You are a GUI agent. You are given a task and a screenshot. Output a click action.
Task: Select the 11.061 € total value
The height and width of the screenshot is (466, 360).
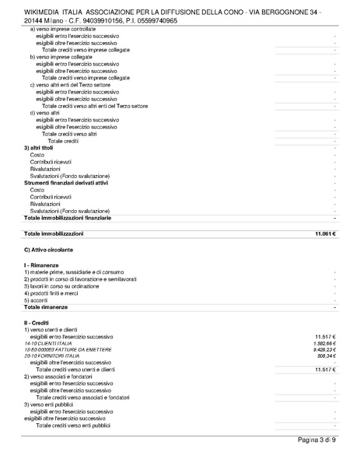[x=324, y=234]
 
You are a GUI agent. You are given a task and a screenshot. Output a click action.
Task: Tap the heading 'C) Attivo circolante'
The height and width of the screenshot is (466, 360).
[x=48, y=250]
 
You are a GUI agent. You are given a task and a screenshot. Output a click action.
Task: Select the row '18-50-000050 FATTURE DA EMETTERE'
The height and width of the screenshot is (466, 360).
[x=68, y=350]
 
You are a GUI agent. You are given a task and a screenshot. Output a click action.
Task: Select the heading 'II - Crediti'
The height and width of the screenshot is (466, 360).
[x=37, y=321]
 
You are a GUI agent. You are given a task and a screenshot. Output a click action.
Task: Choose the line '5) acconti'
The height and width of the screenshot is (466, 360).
[x=37, y=299]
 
